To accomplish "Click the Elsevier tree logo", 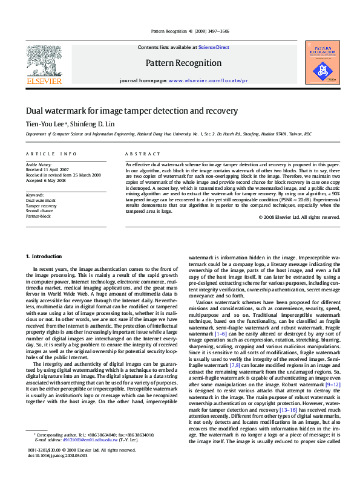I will coord(43,60).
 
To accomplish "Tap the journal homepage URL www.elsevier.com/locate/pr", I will coord(208,80).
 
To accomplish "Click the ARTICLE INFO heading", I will coord(51,154).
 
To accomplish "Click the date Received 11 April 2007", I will coord(47,170).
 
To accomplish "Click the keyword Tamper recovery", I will coord(41,206).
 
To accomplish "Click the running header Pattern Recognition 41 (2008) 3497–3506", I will coord(180,32).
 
